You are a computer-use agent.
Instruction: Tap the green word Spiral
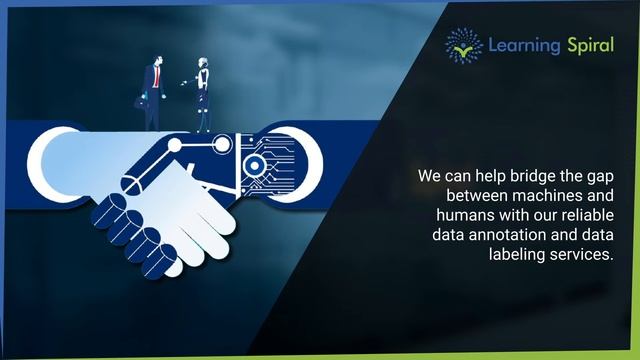click(x=588, y=45)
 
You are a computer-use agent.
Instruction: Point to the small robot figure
click(x=203, y=95)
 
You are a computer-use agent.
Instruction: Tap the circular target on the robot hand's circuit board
click(x=255, y=166)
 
